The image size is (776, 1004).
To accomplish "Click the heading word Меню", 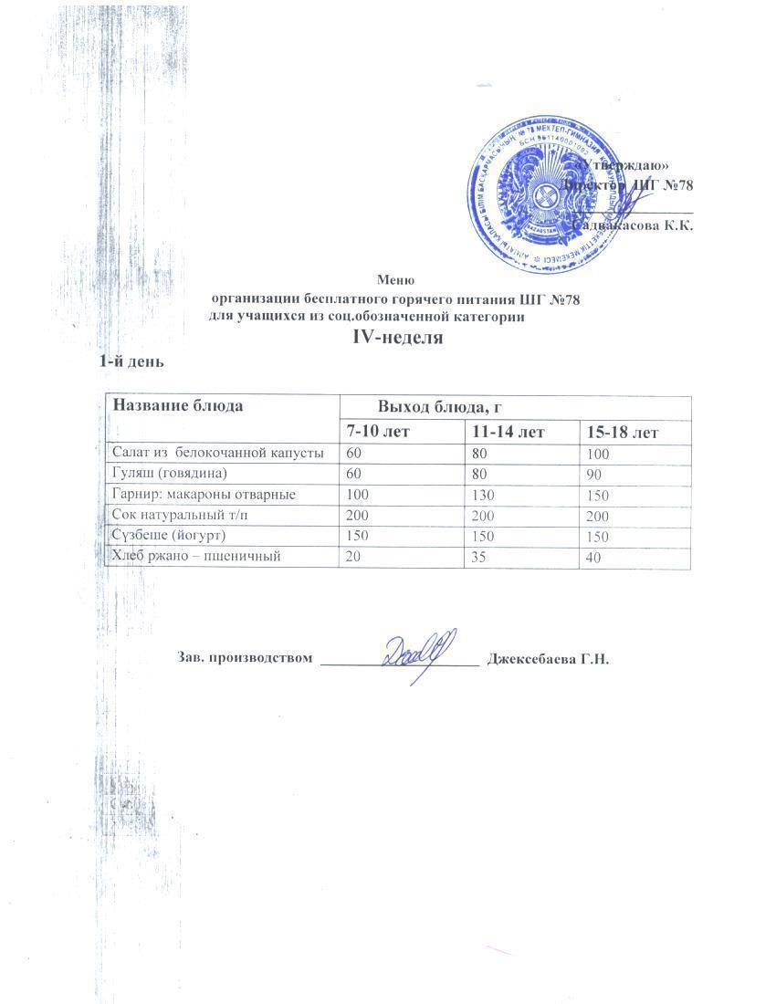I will [397, 280].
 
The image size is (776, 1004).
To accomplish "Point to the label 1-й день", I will [131, 361].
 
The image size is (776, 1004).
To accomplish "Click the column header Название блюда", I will [177, 405].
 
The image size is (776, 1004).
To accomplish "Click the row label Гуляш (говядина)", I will [169, 473].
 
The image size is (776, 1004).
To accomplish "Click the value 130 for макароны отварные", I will [481, 494].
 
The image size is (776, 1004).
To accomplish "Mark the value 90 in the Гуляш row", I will [594, 475].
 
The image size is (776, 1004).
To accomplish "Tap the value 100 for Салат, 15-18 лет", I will [599, 454].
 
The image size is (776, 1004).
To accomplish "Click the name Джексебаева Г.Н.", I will [549, 658].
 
